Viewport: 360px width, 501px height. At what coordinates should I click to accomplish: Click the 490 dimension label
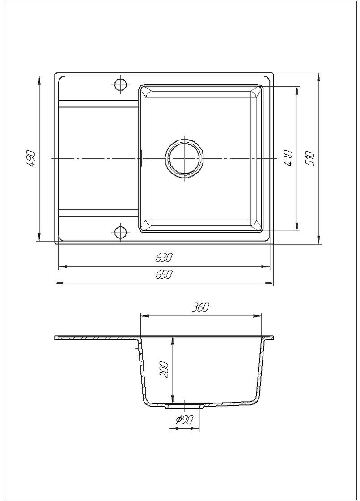coord(30,159)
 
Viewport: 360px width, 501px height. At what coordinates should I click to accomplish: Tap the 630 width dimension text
coord(164,258)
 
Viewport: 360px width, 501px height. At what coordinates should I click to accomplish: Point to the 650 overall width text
coord(164,275)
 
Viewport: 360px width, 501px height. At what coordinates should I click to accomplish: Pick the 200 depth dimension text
coord(164,370)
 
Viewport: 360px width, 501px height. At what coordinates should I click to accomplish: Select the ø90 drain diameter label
coord(184,420)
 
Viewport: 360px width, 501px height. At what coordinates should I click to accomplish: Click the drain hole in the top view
coord(184,159)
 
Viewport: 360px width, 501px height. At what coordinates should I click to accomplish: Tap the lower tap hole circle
coord(120,232)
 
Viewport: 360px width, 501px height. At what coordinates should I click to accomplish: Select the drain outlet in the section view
coord(184,406)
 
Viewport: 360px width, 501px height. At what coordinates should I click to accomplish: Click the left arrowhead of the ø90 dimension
coord(171,429)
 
